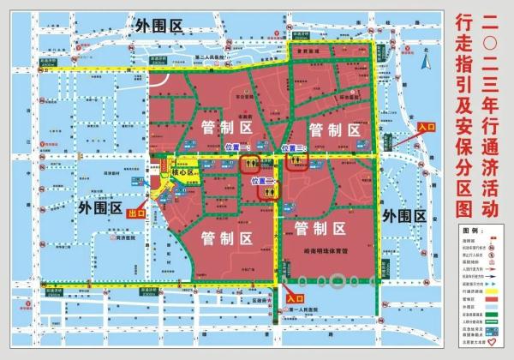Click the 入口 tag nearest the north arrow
click(426, 127)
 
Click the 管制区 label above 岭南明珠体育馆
click(319, 228)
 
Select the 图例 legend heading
click(470, 231)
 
